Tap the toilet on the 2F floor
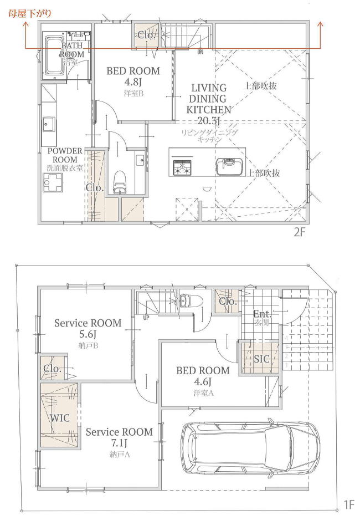click(120, 182)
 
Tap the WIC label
click(60, 418)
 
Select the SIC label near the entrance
click(261, 359)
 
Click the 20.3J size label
click(209, 121)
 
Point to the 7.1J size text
click(119, 443)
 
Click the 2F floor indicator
click(299, 232)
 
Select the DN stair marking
click(200, 52)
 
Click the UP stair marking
click(146, 317)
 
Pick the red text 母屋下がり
click(30, 14)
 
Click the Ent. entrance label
click(263, 313)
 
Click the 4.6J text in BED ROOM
click(203, 382)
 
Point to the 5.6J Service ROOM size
click(88, 334)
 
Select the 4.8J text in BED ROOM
click(133, 82)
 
